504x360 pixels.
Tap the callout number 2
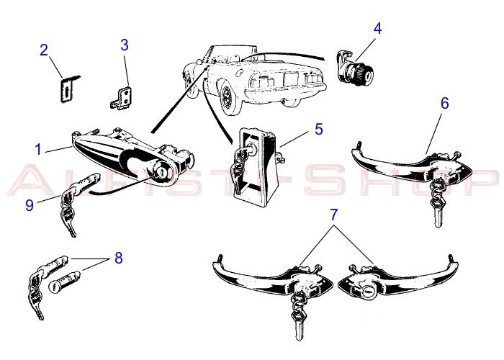click(x=44, y=50)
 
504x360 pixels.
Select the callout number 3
click(x=124, y=45)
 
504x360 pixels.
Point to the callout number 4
click(x=377, y=30)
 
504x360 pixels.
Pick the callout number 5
click(x=318, y=130)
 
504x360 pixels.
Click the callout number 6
click(x=444, y=103)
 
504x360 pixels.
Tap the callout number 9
click(x=30, y=204)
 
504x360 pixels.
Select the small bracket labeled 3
click(x=122, y=98)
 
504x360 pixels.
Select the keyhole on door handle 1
click(x=163, y=174)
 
